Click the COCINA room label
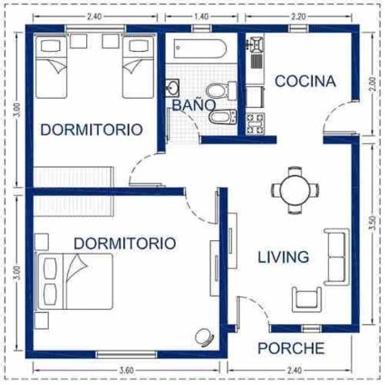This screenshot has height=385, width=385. coord(305,81)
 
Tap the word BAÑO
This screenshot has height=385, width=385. coord(194,105)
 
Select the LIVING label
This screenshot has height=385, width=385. coord(283,257)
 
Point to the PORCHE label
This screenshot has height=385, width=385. coord(291,348)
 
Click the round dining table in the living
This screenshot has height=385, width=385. coord(295,190)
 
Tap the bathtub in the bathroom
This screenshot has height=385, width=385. coord(199,49)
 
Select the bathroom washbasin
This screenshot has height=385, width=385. coord(172,88)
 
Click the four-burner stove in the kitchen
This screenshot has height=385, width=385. coord(255,124)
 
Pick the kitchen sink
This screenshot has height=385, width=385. coord(255,44)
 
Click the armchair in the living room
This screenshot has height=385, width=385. coord(307,300)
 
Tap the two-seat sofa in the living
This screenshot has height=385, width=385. coord(336,257)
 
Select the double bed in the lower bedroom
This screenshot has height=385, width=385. coord(74,281)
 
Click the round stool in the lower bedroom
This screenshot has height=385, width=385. coord(204,337)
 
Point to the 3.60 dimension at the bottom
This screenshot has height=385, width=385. coord(126,371)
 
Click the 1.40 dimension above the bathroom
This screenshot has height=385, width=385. coord(201,17)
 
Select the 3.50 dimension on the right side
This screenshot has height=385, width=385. coord(372,223)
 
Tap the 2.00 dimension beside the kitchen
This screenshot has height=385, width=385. coord(372,84)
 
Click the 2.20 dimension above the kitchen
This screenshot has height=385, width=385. coord(298,17)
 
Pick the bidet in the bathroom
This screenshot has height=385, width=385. coord(223,117)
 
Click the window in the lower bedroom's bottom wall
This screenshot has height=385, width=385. coord(126,355)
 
